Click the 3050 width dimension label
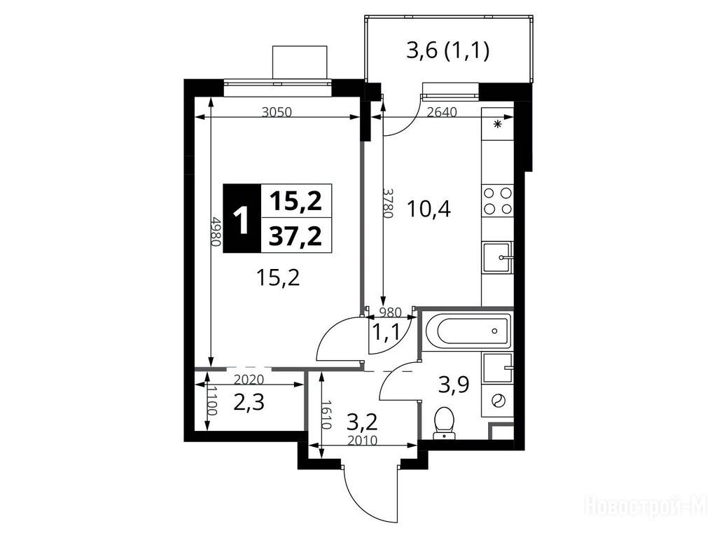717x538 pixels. [x=277, y=112]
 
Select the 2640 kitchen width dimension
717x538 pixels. [x=441, y=112]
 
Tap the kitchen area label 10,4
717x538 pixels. [x=429, y=209]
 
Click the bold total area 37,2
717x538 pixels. [x=295, y=237]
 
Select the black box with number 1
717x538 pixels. [x=242, y=219]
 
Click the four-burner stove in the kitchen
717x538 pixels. [x=498, y=200]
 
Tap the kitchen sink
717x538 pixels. [x=498, y=258]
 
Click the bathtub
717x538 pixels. [x=467, y=331]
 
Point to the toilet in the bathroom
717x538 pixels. [x=443, y=422]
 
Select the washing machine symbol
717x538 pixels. [x=498, y=401]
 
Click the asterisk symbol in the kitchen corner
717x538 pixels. [x=498, y=124]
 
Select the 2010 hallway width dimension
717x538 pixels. [x=362, y=441]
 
